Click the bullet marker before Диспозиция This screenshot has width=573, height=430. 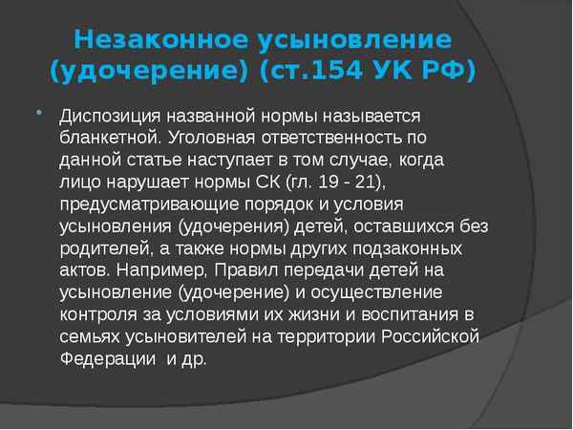click(x=39, y=113)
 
